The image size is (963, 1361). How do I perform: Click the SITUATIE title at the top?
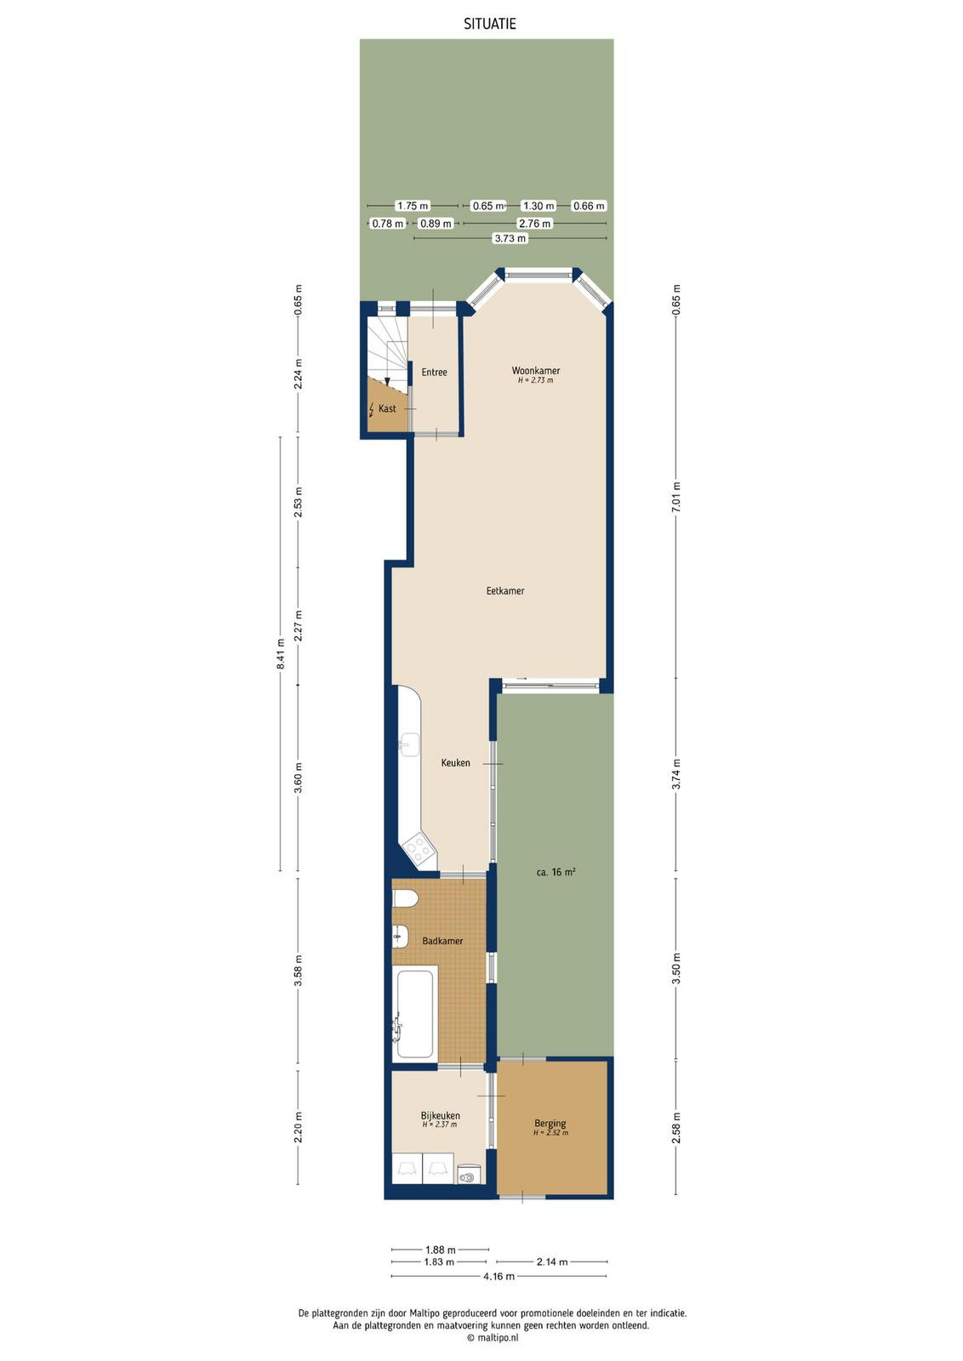(490, 25)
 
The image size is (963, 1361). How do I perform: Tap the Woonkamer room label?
(535, 371)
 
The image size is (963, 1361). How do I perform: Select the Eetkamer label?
(504, 590)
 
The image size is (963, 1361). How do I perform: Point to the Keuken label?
(456, 762)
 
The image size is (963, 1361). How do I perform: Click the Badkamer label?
(442, 941)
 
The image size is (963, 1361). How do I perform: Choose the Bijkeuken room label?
(441, 1115)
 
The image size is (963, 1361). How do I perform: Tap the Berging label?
(550, 1124)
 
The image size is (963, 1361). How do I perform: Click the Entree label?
(435, 373)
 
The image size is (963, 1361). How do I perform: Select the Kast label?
(387, 409)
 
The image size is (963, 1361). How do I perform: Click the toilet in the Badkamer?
(404, 898)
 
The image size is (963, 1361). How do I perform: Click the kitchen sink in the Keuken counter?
(409, 744)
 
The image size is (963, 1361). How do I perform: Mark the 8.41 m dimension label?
(280, 654)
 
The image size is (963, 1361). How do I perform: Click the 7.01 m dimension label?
(676, 497)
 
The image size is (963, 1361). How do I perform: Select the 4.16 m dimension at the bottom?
(499, 1277)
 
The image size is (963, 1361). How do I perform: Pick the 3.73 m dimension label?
(510, 239)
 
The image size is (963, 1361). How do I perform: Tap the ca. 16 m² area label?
(556, 873)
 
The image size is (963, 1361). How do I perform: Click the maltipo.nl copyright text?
(493, 1337)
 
